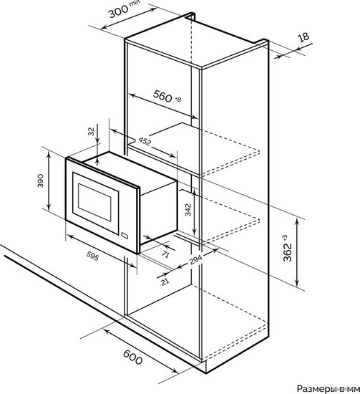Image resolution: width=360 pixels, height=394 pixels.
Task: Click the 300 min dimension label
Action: (125, 9)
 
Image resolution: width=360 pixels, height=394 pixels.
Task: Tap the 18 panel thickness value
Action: (303, 37)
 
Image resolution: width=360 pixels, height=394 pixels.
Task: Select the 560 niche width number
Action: (162, 96)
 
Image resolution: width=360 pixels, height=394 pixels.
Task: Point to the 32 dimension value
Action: (92, 131)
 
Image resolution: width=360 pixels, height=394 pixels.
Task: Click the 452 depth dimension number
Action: (145, 141)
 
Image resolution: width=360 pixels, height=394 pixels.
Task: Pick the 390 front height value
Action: (40, 181)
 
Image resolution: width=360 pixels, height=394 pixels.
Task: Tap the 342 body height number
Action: (188, 210)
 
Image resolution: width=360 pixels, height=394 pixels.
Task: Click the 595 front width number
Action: (92, 256)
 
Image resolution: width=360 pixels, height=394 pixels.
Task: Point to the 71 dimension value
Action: (165, 254)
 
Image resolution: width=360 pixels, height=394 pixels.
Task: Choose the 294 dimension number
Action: (195, 260)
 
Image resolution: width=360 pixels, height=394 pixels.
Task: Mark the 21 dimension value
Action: (165, 282)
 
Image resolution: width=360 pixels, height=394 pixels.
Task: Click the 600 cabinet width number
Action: (133, 357)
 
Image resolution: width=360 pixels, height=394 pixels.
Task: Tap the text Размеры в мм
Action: (329, 388)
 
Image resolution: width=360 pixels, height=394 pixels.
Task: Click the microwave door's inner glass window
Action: (94, 202)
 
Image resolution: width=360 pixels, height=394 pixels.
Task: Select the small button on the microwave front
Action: (125, 236)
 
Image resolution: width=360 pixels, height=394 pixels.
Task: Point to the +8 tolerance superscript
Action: (177, 100)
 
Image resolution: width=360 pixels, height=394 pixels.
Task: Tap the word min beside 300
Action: (135, 4)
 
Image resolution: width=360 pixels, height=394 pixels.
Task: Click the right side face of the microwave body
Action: (158, 213)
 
